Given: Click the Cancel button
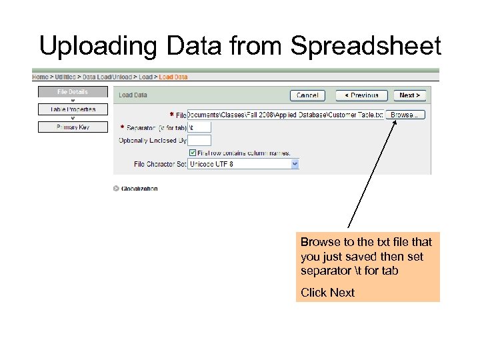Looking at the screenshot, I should tap(307, 95).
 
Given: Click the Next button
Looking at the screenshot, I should tap(409, 95).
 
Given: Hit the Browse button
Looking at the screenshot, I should tap(405, 115).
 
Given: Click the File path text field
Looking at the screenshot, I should tap(285, 115).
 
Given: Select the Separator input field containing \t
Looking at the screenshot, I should tap(199, 127).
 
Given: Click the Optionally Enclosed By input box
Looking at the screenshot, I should tap(199, 140).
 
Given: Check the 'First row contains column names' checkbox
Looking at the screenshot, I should tap(193, 152).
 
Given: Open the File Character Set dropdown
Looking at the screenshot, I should tap(243, 163).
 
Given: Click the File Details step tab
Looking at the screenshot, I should tap(73, 92).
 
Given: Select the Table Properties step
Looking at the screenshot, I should tap(73, 109).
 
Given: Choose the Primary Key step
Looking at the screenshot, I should tap(73, 127).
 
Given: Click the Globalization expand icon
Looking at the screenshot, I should tap(116, 189).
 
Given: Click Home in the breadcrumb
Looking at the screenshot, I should tap(41, 77).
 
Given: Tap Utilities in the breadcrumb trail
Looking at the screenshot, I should tap(65, 77).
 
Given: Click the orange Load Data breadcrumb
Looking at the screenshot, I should tap(173, 77).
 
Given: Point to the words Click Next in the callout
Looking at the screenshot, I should tap(327, 292).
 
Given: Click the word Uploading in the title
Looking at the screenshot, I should tap(96, 47).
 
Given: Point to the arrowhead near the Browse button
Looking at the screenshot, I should tap(392, 123).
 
